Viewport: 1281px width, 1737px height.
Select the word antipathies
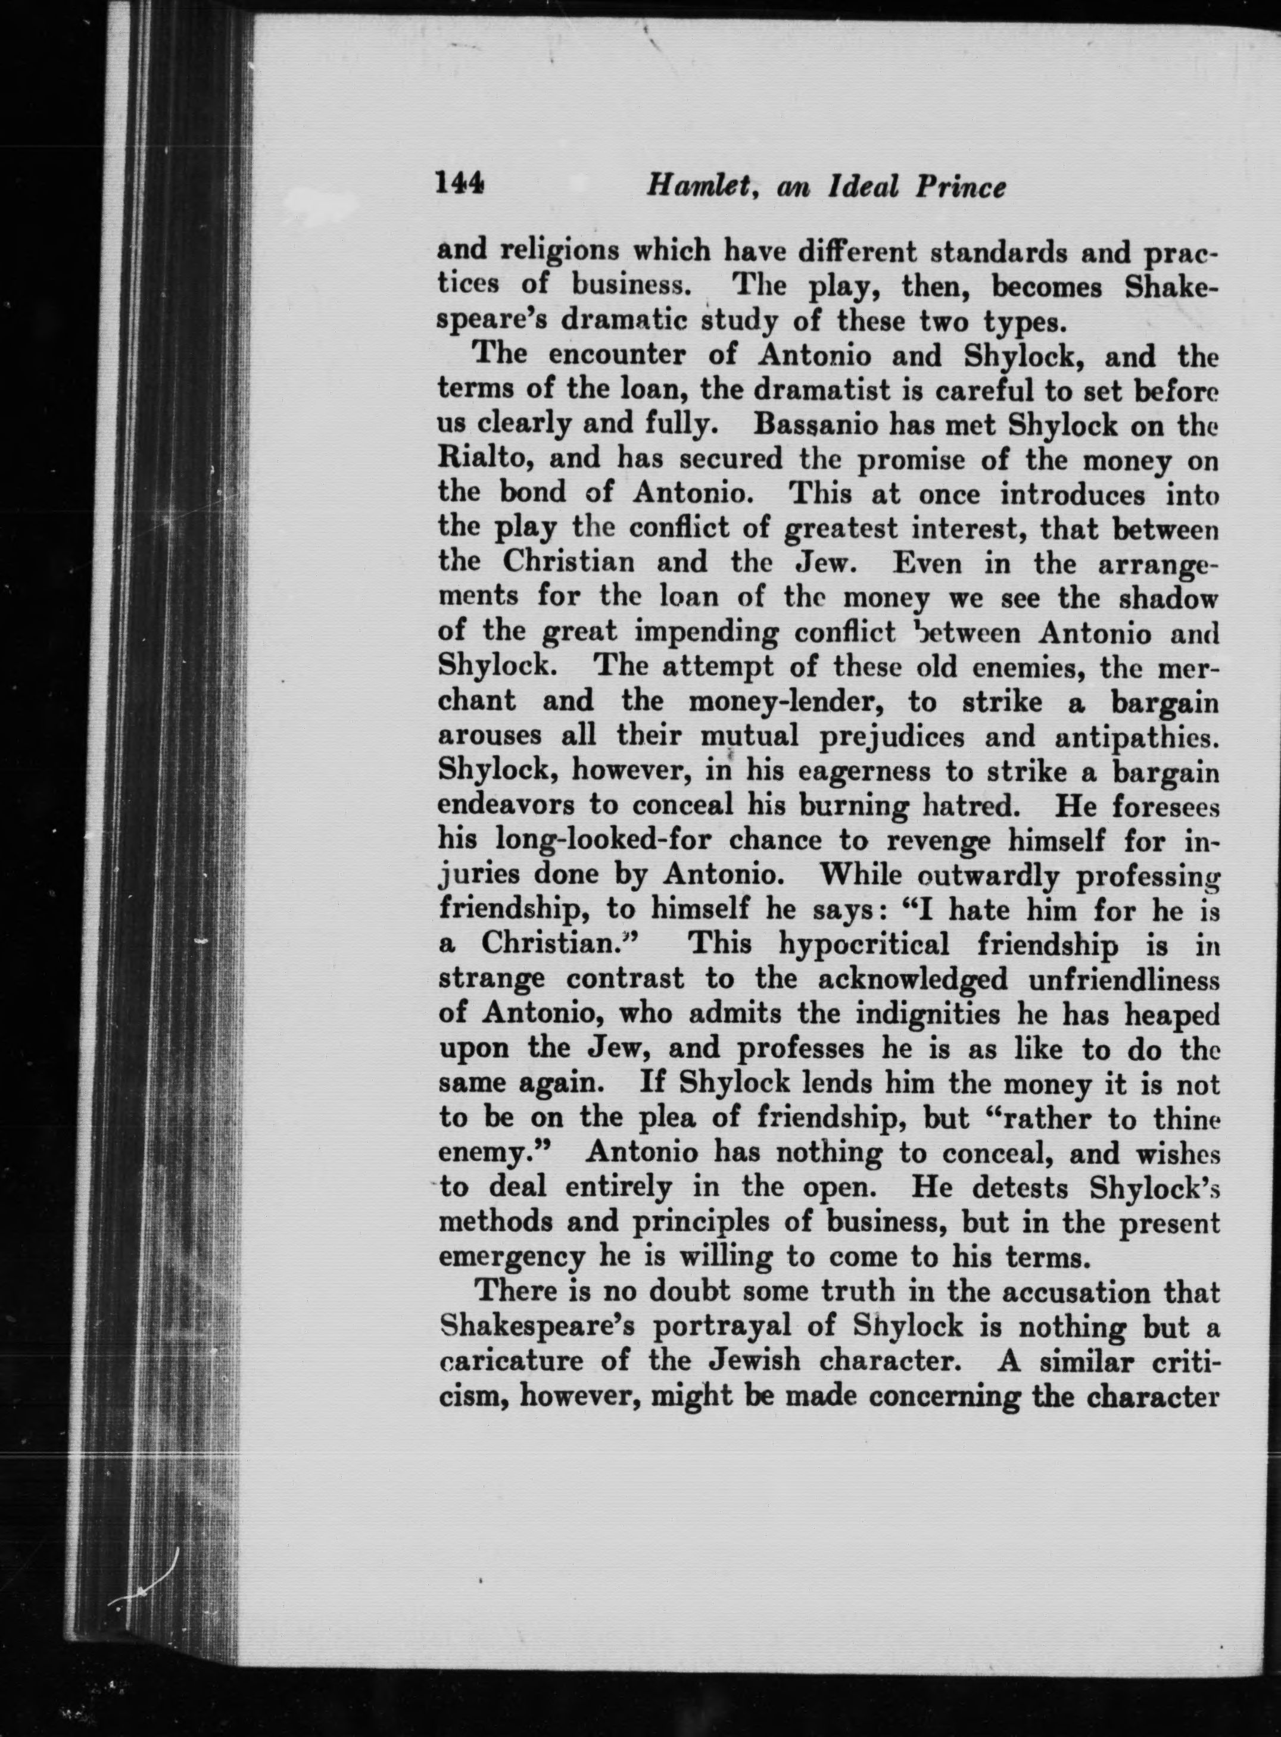pos(1137,736)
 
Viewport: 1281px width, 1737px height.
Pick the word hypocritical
pos(864,944)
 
